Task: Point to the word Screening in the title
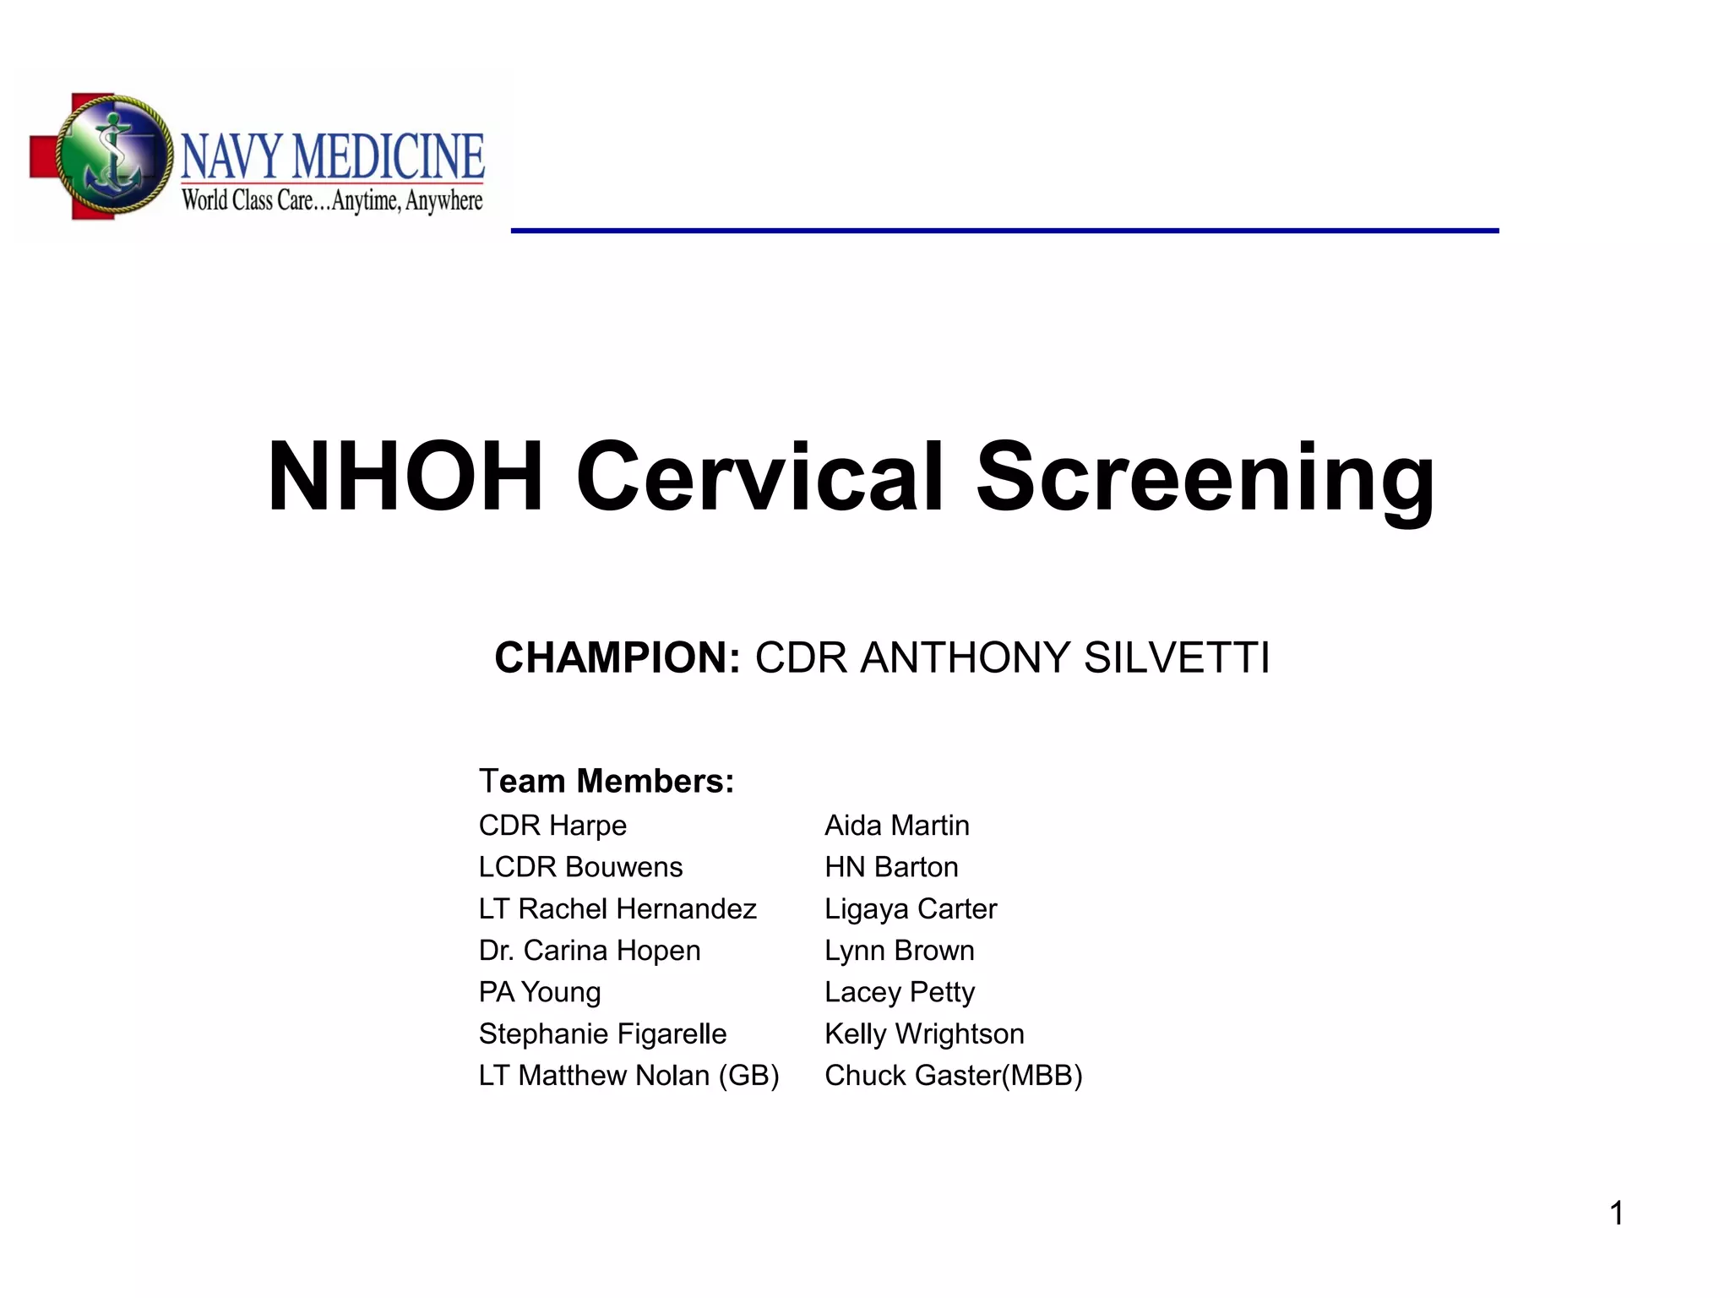point(1205,478)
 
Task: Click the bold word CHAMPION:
point(617,657)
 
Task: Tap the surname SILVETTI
point(1176,657)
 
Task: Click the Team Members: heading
point(607,781)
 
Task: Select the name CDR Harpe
point(552,825)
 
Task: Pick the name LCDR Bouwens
point(580,867)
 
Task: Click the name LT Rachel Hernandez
point(617,908)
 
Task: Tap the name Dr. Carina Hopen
point(590,951)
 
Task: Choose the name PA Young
point(540,992)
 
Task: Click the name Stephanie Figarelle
point(602,1033)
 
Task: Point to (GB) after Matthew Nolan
point(748,1076)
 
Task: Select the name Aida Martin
point(896,825)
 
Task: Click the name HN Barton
point(891,867)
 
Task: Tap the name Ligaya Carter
point(911,908)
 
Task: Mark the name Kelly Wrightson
point(924,1033)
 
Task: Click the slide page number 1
point(1616,1213)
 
